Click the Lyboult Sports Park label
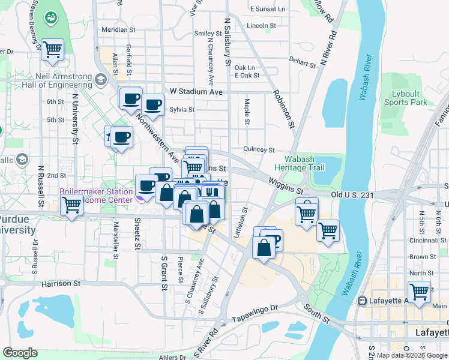pos(406,98)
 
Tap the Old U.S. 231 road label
pos(352,195)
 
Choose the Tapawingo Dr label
pos(256,312)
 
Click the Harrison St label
pos(61,283)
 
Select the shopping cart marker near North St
pos(419,292)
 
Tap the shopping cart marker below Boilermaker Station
pos(71,206)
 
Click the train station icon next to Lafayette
pos(362,301)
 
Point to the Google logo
pos(20,353)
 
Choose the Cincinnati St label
pos(427,240)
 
